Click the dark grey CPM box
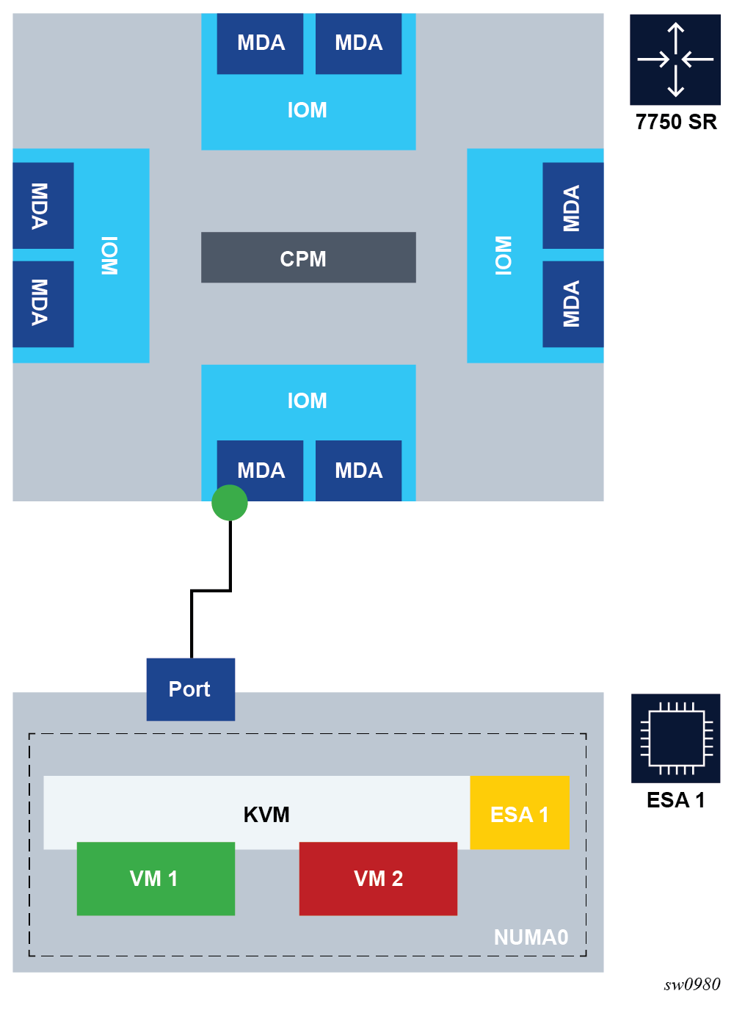point(308,258)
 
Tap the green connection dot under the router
point(230,503)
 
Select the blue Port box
point(191,689)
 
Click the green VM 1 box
point(156,879)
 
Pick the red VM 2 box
point(378,879)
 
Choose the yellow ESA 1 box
point(520,813)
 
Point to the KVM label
point(266,815)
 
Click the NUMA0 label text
point(531,937)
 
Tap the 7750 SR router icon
point(675,59)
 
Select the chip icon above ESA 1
point(675,738)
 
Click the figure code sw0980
point(691,984)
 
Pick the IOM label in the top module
point(307,110)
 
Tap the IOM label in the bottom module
point(307,401)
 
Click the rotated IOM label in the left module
point(109,255)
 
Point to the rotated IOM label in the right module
point(504,255)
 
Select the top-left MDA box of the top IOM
point(261,43)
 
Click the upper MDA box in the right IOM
point(573,207)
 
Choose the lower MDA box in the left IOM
point(43,303)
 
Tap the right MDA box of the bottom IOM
point(358,471)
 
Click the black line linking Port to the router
point(192,624)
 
